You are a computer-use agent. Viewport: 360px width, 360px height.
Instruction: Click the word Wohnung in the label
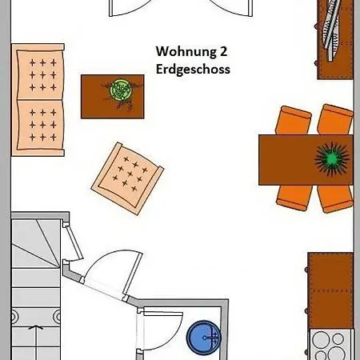[x=186, y=51]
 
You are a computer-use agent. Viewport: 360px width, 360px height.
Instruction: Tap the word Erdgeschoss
[x=193, y=70]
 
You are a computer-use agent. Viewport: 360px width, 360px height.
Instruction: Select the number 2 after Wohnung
[x=223, y=51]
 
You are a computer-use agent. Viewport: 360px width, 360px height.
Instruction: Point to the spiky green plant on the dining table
[x=332, y=159]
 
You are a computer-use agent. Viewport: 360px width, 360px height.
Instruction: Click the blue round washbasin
[x=204, y=338]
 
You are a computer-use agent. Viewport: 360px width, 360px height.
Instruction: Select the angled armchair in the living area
[x=127, y=178]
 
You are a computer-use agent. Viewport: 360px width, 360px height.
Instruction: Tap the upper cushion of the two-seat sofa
[x=40, y=74]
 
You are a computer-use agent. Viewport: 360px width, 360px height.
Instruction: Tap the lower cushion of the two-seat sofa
[x=40, y=126]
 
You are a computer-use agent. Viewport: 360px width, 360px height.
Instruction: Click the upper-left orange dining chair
[x=294, y=121]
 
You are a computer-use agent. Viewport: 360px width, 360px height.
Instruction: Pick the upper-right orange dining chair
[x=337, y=119]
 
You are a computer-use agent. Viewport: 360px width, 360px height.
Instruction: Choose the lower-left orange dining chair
[x=294, y=198]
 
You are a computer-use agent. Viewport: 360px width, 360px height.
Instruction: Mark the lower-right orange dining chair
[x=335, y=198]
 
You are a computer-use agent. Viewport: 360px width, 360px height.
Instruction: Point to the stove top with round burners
[x=330, y=345]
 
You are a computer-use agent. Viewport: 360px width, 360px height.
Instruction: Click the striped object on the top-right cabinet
[x=331, y=30]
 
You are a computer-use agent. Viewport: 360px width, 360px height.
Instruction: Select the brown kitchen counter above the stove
[x=330, y=290]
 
